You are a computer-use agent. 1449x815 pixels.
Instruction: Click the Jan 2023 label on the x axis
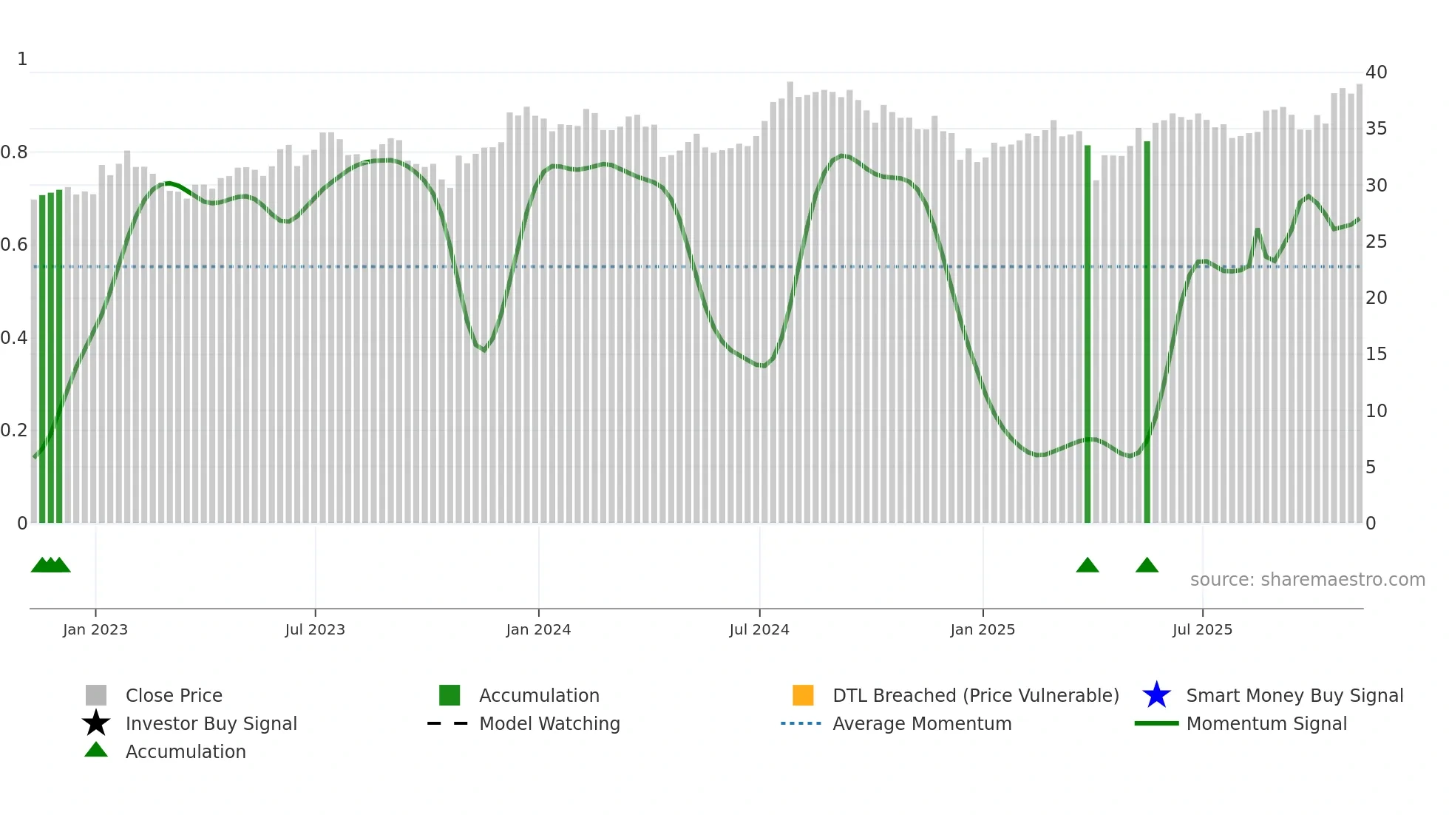coord(95,629)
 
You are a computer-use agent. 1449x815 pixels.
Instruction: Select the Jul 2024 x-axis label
coord(759,629)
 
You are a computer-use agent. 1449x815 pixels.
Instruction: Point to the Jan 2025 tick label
coord(983,629)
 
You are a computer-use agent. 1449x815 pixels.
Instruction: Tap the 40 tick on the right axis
coord(1376,72)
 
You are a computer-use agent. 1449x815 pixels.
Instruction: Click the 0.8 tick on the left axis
coord(14,152)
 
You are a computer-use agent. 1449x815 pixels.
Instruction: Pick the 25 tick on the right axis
coord(1376,242)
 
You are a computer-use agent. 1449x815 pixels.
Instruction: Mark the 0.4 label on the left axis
coord(14,338)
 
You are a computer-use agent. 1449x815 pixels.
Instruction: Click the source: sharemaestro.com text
coord(1307,580)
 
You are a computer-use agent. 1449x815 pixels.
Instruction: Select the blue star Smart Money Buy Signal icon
coord(1156,695)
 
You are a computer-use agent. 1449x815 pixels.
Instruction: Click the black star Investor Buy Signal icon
coord(96,723)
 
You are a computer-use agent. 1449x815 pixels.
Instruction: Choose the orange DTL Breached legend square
coord(803,695)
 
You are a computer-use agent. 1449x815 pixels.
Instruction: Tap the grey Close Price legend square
coord(96,695)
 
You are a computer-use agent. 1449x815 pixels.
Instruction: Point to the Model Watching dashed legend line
coord(447,723)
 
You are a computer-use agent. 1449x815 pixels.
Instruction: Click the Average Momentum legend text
coord(922,723)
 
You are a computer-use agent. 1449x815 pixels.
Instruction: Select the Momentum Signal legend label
coord(1266,723)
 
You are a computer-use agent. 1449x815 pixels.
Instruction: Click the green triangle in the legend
coord(96,750)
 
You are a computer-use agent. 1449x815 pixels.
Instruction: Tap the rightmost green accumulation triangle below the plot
coord(1147,566)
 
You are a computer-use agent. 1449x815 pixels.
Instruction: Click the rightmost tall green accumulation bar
coord(1147,333)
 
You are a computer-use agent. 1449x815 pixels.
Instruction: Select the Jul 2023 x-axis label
coord(315,629)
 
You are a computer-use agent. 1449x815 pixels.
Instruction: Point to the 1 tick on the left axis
coord(22,59)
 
